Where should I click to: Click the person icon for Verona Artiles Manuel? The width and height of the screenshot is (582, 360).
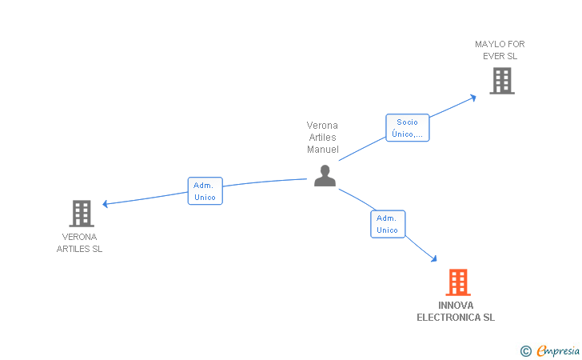[x=325, y=176]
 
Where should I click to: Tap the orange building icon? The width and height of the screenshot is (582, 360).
[x=458, y=282]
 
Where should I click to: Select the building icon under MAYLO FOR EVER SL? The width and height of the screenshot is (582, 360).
[x=502, y=81]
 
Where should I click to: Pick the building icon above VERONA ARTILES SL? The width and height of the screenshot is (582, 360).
[x=82, y=214]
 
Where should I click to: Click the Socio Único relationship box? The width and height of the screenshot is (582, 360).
[x=408, y=128]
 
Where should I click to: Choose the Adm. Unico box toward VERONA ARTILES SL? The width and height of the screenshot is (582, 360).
[x=205, y=191]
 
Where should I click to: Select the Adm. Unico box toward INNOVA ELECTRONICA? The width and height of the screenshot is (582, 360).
[x=388, y=224]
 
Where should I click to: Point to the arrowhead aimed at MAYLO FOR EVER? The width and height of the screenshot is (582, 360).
[x=473, y=98]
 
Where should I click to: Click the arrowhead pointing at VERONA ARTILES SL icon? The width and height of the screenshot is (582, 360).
[x=105, y=204]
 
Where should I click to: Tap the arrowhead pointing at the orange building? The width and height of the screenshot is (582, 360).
[x=434, y=258]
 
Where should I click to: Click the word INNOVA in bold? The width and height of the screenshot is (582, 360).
[x=456, y=306]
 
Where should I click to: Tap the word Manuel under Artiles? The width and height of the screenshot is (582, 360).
[x=323, y=150]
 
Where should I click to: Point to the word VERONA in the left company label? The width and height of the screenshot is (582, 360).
[x=79, y=237]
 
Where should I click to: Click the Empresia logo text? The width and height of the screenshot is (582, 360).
[x=558, y=350]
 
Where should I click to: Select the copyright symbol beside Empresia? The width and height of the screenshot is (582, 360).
[x=525, y=351]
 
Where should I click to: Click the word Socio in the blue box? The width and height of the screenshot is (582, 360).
[x=407, y=122]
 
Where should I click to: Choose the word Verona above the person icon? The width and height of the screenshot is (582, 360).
[x=322, y=126]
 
